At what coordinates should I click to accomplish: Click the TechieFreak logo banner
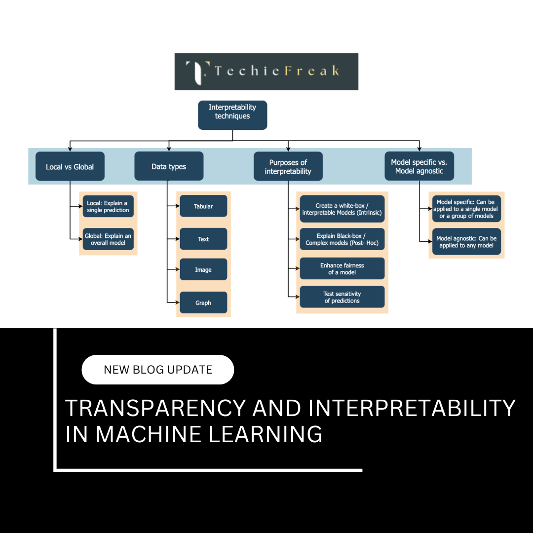266,72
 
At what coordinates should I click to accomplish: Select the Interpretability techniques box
232,115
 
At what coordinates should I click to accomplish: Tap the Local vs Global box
70,166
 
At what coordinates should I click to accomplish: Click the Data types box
169,166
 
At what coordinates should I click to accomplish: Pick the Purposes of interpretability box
288,166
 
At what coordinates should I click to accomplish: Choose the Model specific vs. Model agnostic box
419,166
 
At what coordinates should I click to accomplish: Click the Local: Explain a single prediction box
108,207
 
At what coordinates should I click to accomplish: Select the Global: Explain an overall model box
108,239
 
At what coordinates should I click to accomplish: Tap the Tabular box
203,206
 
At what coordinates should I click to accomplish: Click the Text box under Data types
203,239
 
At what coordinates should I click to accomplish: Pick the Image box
203,270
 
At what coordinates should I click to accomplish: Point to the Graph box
203,303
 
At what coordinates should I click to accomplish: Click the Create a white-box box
342,209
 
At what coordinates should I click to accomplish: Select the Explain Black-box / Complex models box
342,239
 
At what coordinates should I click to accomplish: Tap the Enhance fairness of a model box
342,268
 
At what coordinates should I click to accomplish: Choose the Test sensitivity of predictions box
342,297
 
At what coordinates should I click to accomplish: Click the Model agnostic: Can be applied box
466,242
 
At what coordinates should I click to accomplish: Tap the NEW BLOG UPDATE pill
157,370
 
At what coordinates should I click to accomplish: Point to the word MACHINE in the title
148,434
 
